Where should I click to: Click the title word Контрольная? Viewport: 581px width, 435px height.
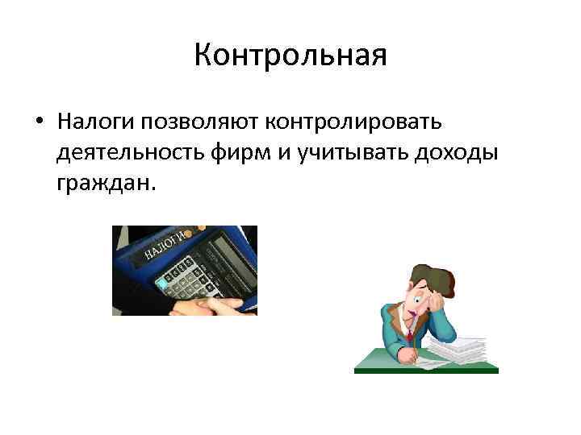[x=290, y=56]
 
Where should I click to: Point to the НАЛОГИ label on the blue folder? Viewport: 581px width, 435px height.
[x=165, y=245]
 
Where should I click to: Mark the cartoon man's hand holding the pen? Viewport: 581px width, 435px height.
[x=413, y=342]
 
